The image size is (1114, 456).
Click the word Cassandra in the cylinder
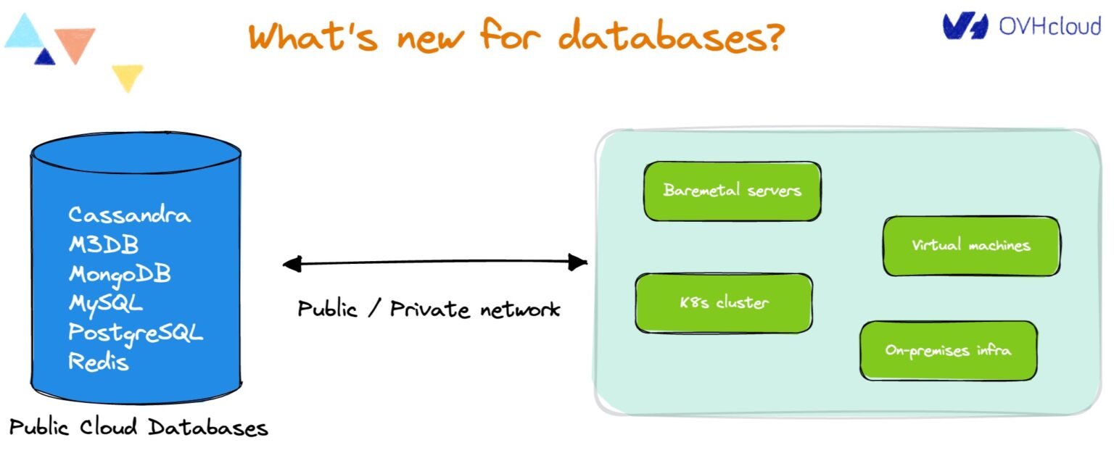[129, 215]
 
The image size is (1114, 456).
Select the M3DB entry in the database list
[103, 245]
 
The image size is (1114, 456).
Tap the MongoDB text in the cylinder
[120, 275]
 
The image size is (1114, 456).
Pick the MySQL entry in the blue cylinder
[106, 303]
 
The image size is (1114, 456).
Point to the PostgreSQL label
[136, 333]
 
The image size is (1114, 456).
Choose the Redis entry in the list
[99, 361]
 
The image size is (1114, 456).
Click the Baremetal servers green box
[732, 191]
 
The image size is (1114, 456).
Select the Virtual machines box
[970, 245]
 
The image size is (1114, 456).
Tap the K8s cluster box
[723, 303]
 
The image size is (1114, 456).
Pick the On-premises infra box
[948, 351]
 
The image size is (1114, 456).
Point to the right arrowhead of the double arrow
[578, 262]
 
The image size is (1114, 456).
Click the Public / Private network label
[429, 310]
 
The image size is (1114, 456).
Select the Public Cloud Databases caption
[139, 428]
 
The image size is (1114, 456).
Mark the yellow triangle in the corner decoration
[127, 76]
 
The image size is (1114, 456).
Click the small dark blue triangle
[45, 57]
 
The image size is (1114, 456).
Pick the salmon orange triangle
[75, 43]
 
